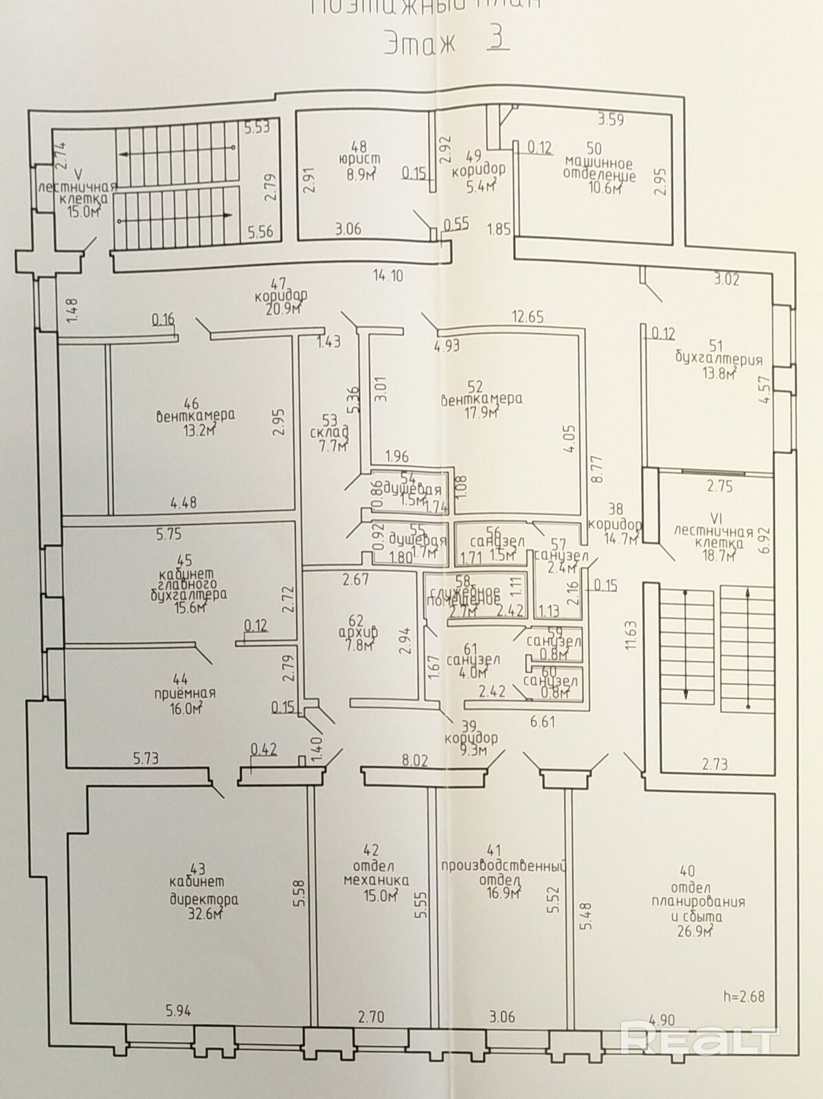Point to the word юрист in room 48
coord(359,159)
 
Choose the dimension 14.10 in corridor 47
coord(387,276)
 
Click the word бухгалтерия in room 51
coord(719,359)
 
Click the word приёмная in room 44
coord(183,693)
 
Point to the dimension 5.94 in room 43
coord(179,1010)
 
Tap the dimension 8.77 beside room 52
coord(596,469)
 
